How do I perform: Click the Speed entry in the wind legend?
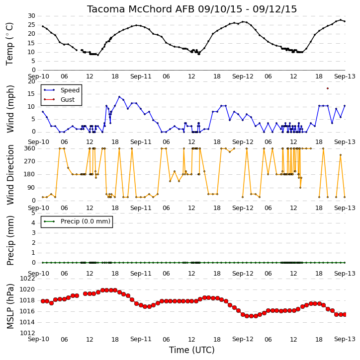coord(70,90)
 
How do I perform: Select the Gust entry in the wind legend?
coord(68,100)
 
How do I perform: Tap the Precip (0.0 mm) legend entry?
coord(86,221)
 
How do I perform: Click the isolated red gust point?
coord(328,88)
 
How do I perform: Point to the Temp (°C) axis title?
coord(9,44)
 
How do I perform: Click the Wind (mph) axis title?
coord(10,109)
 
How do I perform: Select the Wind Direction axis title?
coord(10,175)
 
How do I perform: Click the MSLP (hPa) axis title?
coord(10,306)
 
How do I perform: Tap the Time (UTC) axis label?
coord(192,350)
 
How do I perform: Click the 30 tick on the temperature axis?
coord(31,16)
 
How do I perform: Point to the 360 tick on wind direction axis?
coord(30,148)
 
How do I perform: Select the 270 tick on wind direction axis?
coord(30,161)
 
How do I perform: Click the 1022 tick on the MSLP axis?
coord(27,279)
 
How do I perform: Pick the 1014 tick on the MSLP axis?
coord(27,322)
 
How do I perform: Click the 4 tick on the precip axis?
coord(33,223)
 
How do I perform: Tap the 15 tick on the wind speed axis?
coord(31,94)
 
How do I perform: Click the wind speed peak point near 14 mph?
coord(119,97)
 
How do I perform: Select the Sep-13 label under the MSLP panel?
coord(345,339)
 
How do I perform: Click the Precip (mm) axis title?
coord(10,241)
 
